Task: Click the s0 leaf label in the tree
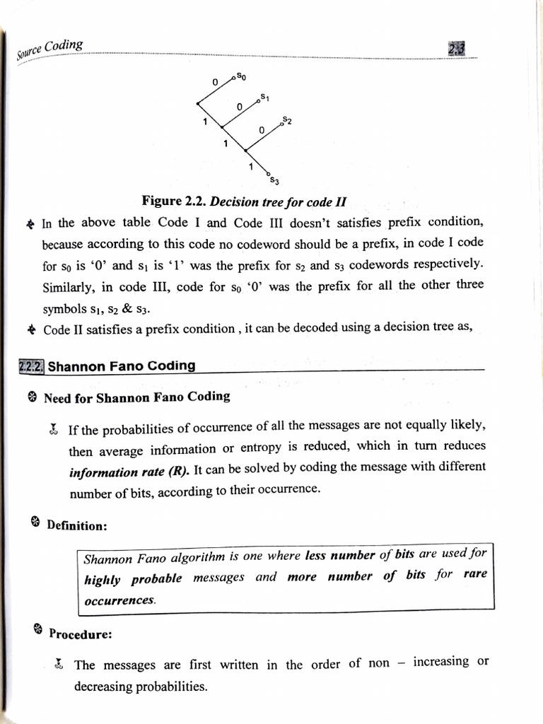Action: coord(241,75)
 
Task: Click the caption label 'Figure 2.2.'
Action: coord(175,201)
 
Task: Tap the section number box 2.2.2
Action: coord(31,366)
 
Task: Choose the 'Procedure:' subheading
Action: coord(81,634)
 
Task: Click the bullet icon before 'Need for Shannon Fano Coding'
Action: coord(32,398)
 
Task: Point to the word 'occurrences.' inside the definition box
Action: coord(119,600)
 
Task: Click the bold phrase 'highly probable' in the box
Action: coord(132,579)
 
